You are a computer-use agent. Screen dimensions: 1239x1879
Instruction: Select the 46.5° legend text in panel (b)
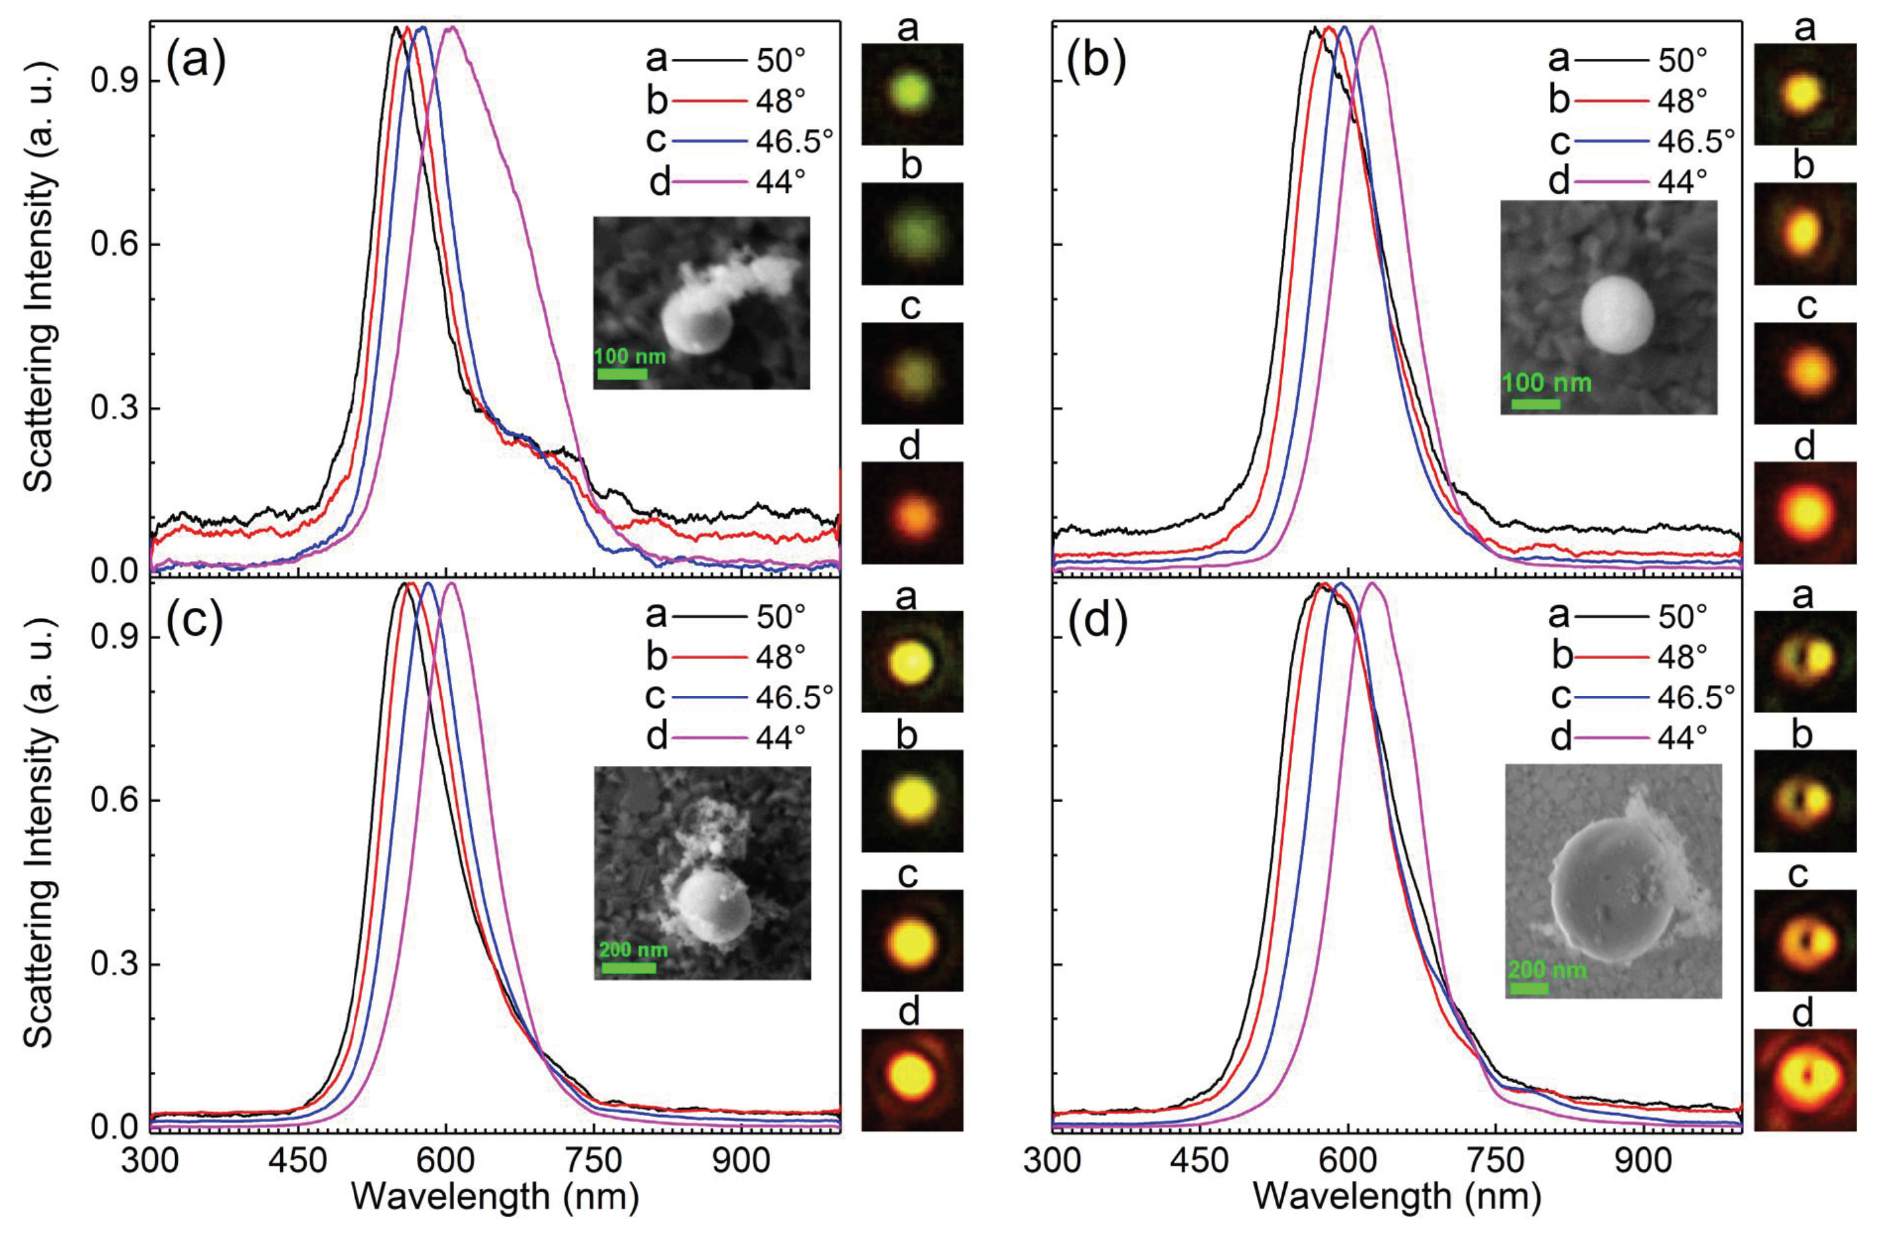[1696, 141]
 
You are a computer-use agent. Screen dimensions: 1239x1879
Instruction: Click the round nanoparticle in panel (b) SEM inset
[1617, 315]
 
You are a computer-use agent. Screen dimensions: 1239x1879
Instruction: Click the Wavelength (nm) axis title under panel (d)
[1397, 1197]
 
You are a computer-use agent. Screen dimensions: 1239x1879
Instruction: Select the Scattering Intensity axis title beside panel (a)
[40, 332]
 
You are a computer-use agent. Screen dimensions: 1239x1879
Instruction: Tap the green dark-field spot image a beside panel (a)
[912, 94]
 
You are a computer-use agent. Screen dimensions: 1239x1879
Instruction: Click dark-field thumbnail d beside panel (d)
[1805, 1079]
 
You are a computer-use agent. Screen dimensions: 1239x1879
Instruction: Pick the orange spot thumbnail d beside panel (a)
[912, 512]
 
